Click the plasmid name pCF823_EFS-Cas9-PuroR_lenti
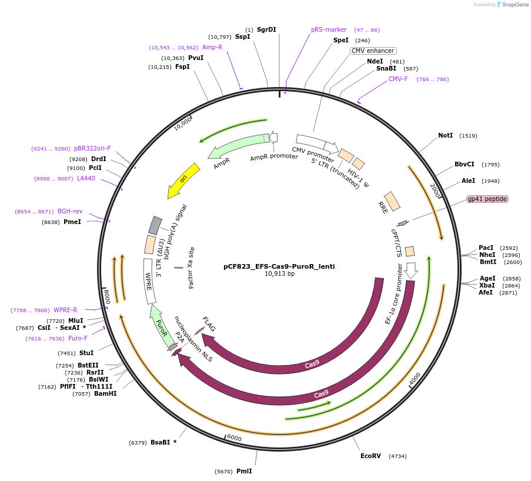click(279, 266)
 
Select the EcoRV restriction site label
click(370, 456)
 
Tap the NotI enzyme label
click(445, 135)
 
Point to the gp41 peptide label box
click(487, 199)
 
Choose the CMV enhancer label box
click(373, 51)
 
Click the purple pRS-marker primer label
click(329, 29)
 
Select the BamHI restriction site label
click(105, 393)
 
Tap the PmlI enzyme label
click(244, 471)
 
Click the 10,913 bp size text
click(279, 274)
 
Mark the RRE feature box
click(392, 201)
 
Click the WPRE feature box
click(150, 281)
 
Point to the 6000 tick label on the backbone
click(234, 438)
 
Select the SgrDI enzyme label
click(266, 29)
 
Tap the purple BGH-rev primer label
click(70, 211)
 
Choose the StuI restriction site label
click(86, 353)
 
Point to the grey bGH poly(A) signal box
click(155, 225)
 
